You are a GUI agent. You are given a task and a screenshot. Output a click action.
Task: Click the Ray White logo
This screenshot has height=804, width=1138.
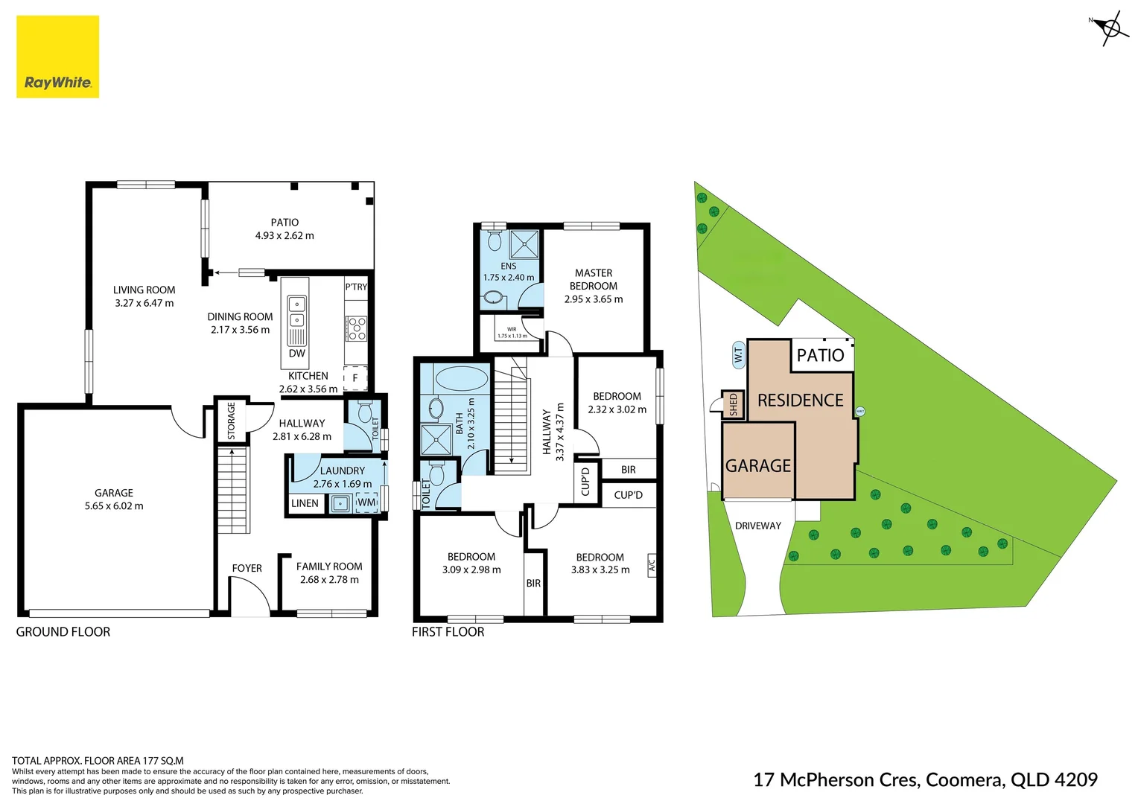point(57,57)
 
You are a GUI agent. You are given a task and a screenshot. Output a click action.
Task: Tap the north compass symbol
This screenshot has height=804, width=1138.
point(1110,29)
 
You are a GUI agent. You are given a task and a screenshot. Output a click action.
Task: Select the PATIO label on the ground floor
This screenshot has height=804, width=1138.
point(284,223)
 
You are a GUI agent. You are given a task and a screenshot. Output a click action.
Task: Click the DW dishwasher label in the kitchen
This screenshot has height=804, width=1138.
point(296,354)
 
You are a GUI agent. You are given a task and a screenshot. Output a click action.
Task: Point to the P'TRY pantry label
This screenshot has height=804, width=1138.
point(356,287)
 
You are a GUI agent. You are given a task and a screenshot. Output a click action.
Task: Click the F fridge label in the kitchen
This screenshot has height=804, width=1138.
point(355,378)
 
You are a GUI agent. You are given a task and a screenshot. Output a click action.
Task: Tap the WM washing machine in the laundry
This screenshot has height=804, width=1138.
point(366,502)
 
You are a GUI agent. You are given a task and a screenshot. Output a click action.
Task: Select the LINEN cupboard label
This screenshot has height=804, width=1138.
point(305,504)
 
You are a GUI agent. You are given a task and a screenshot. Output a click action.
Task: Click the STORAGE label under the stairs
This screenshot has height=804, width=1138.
point(231,421)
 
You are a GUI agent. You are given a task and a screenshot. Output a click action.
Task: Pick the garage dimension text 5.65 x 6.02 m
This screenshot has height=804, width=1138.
point(114,506)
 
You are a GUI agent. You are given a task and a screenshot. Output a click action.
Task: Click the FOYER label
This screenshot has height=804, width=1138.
point(247,569)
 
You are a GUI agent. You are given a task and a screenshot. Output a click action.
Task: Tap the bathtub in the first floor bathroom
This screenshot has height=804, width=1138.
point(461,378)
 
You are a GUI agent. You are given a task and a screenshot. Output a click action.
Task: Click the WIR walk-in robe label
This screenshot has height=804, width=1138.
point(512,329)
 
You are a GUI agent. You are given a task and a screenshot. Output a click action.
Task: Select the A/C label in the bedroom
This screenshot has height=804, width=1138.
point(652,564)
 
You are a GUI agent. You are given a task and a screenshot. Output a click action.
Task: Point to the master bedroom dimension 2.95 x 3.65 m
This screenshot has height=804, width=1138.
point(594,299)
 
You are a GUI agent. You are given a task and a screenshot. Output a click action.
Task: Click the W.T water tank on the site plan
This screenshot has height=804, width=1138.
point(738,354)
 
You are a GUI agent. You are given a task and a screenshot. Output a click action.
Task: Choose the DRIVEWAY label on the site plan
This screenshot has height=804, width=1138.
point(757,526)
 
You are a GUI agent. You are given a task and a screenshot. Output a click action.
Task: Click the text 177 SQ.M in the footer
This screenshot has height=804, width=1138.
point(162,761)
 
